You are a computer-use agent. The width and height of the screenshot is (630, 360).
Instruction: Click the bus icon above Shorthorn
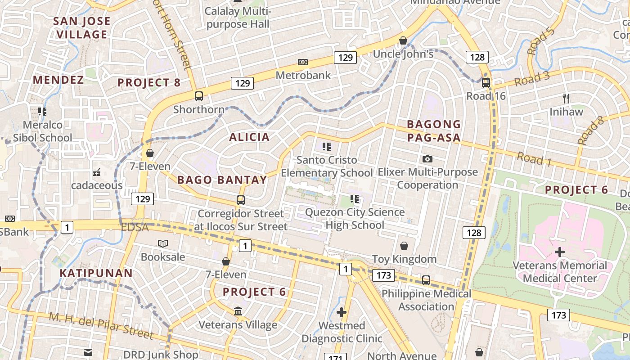[x=199, y=96]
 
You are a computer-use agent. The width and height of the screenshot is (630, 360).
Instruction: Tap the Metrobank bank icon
[x=303, y=62]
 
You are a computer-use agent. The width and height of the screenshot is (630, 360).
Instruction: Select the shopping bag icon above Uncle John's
[x=403, y=40]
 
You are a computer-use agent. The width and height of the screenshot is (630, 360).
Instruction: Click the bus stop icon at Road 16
[x=486, y=83]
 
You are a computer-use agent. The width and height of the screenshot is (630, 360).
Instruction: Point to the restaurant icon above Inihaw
[x=566, y=98]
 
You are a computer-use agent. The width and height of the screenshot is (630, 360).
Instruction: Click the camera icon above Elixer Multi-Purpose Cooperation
[x=427, y=159]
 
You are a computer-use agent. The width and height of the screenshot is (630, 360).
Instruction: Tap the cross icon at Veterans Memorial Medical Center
[x=560, y=252]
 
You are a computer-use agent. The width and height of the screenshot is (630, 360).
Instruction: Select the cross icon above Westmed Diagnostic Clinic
[x=342, y=312]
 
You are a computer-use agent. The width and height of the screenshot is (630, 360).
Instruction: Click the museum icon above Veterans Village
[x=238, y=311]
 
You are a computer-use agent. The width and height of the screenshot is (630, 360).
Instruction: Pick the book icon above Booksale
[x=163, y=243]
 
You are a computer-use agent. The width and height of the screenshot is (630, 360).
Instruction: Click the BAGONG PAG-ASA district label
[x=434, y=131]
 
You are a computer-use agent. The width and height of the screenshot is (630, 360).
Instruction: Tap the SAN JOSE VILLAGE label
[x=82, y=27]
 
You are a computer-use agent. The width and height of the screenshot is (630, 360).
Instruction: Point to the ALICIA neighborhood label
[x=249, y=137]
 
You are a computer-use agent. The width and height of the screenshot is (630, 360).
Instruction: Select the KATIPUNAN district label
[x=96, y=273]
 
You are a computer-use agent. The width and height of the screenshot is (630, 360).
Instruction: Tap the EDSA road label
[x=135, y=227]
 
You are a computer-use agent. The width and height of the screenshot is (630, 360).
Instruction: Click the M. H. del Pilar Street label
[x=101, y=326]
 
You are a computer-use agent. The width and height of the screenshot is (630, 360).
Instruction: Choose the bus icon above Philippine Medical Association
[x=426, y=280]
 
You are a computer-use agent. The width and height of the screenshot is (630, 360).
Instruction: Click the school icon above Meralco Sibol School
[x=42, y=111]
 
